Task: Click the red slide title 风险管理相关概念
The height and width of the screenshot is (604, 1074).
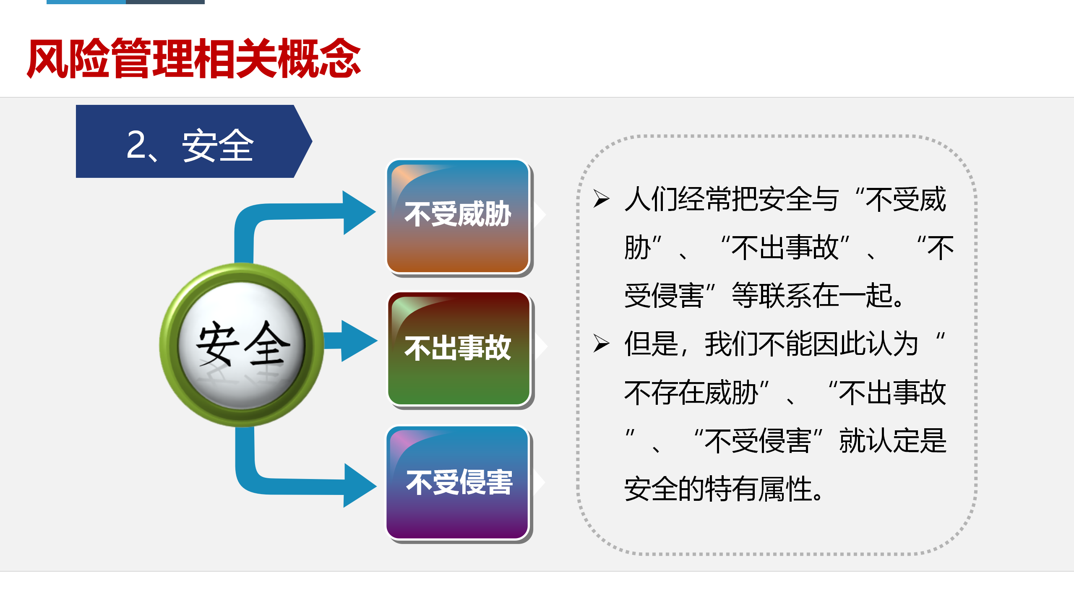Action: [194, 58]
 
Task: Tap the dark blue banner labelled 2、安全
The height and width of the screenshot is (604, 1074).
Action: [194, 141]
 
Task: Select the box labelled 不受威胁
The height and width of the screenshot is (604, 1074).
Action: [458, 216]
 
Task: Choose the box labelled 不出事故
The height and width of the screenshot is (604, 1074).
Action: [459, 349]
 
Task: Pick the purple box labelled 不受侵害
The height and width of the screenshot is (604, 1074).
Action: [458, 483]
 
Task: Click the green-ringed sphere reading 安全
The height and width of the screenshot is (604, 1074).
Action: [242, 345]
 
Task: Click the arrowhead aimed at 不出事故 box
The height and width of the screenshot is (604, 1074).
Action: [359, 341]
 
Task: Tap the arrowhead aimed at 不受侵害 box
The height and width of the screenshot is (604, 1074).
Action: [360, 486]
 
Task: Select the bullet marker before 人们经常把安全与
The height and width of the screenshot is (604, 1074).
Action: [601, 198]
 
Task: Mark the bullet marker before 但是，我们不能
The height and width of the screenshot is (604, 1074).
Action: [601, 344]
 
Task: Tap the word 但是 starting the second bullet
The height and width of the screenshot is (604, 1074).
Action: [651, 344]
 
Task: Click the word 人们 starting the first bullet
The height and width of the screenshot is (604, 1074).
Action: [651, 199]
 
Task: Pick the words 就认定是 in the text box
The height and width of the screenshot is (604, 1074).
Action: [893, 441]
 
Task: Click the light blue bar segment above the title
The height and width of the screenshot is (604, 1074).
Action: [86, 2]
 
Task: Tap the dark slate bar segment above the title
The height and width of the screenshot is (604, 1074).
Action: [165, 2]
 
